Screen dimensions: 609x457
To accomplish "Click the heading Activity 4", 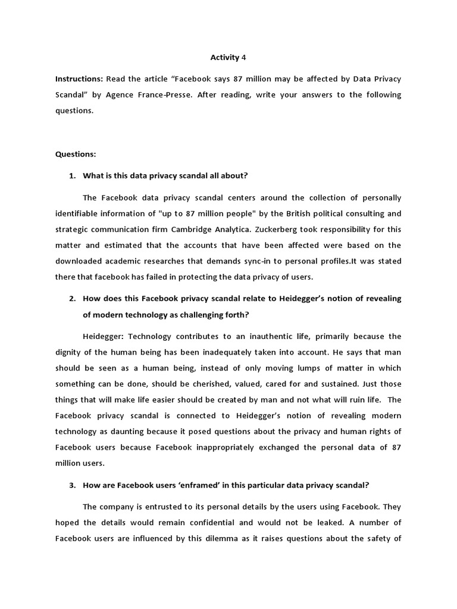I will click(x=228, y=58).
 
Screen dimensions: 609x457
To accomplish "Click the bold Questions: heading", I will click(x=76, y=154).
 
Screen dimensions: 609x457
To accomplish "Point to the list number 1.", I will click(x=72, y=175).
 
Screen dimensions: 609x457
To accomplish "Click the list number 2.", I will click(x=72, y=299).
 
